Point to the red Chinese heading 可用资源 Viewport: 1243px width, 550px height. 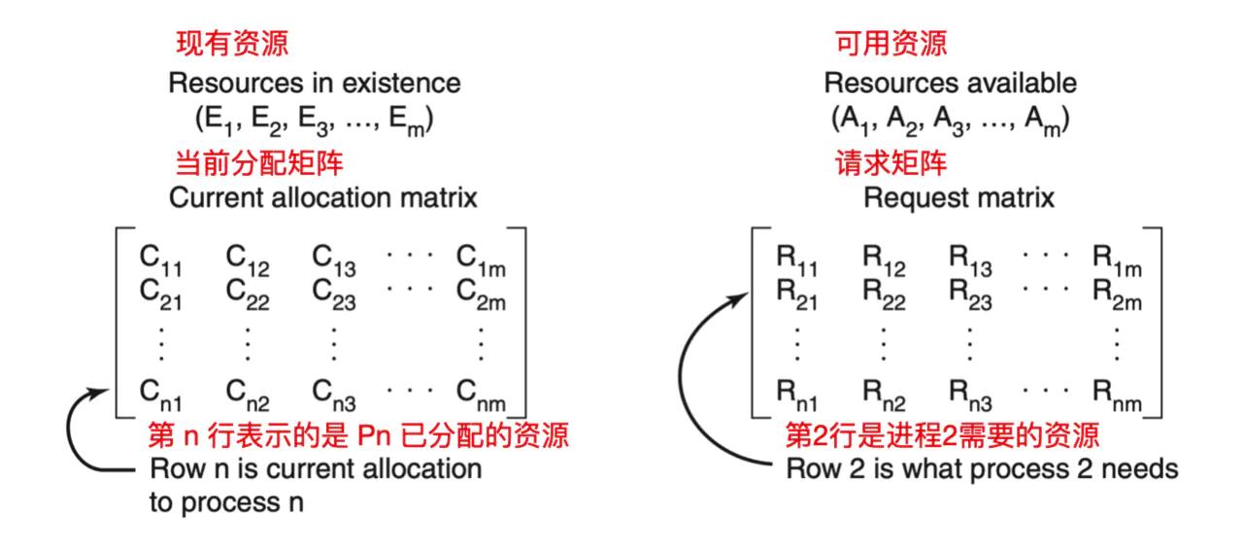click(x=890, y=44)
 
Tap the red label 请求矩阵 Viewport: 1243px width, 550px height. click(x=890, y=160)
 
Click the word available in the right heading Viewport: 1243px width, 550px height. click(x=1020, y=84)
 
